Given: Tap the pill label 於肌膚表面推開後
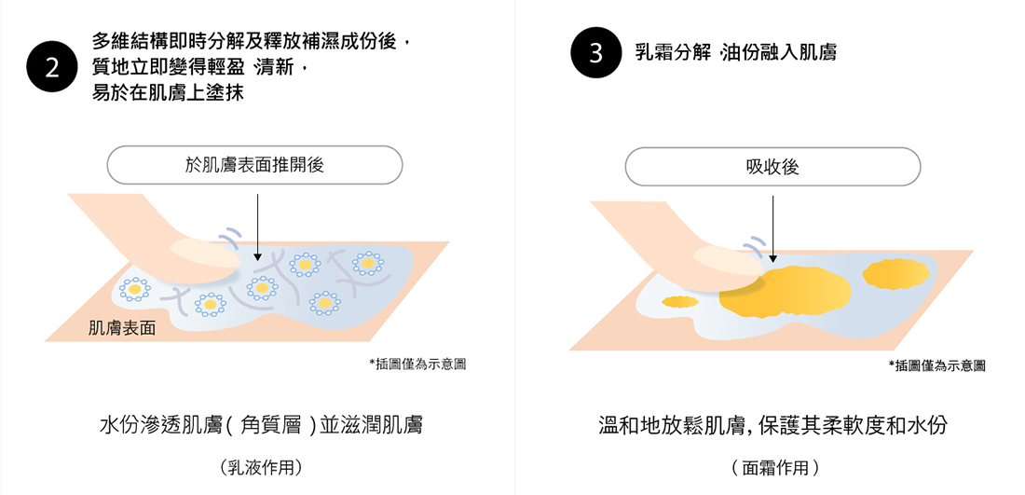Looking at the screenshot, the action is click(x=254, y=165).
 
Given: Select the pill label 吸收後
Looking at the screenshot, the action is click(x=772, y=167).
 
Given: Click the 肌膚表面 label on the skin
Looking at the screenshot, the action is click(x=122, y=328).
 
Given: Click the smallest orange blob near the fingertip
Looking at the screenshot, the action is click(x=680, y=301).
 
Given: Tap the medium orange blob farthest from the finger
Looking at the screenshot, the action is click(x=896, y=274).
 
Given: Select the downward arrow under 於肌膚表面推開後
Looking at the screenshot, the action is click(x=257, y=227).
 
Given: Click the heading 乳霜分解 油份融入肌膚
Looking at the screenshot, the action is click(x=736, y=53).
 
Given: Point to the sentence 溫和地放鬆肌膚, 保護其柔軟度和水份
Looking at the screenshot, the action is click(x=772, y=426).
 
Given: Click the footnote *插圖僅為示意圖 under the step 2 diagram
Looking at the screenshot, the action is click(x=417, y=364).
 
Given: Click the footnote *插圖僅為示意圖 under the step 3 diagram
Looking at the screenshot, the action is click(x=936, y=366).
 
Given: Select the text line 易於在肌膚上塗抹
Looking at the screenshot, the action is click(x=168, y=93).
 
